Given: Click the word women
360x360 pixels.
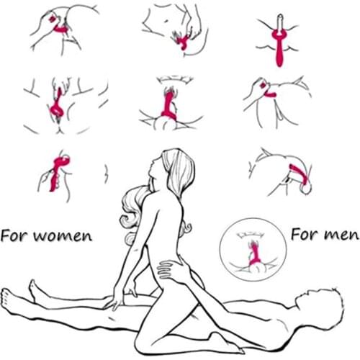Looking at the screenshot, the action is [63, 236].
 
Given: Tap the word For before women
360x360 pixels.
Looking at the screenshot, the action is [15, 235].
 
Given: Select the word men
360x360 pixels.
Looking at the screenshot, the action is [341, 235].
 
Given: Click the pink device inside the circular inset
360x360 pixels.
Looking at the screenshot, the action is [253, 253].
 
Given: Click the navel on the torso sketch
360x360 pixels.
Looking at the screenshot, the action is [166, 21].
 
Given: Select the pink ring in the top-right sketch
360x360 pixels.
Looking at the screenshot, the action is [279, 36].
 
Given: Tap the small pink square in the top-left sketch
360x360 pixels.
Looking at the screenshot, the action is [52, 19].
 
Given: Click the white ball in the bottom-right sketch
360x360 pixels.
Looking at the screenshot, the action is [306, 189].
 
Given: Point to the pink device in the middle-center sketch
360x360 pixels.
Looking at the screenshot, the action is [169, 104].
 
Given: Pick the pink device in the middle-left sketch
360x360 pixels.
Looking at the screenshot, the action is [57, 107].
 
